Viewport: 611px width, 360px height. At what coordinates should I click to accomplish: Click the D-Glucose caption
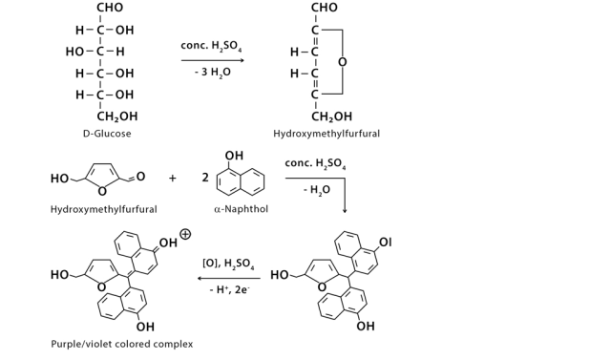click(x=106, y=134)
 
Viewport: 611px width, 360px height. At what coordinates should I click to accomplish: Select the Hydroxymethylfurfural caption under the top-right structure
click(x=327, y=134)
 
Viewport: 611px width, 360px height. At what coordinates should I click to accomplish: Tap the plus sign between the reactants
click(x=173, y=178)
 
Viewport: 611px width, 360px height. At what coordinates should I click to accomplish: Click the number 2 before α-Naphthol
click(x=205, y=178)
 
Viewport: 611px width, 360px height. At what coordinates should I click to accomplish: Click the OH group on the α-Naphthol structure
click(x=234, y=156)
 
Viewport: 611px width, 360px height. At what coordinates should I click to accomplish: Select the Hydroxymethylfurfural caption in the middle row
click(x=103, y=209)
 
